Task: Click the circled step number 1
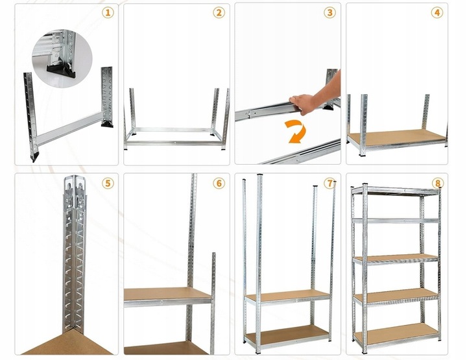click(108, 12)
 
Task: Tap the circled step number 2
click(219, 12)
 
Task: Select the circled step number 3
click(330, 12)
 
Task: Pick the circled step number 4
click(438, 12)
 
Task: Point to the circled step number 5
click(108, 184)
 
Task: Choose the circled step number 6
click(219, 184)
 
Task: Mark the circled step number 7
click(330, 184)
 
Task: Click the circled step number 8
click(438, 184)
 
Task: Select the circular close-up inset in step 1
click(62, 57)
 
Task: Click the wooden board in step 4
click(396, 137)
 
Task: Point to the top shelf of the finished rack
click(395, 189)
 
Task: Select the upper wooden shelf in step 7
click(286, 296)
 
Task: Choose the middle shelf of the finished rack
click(395, 258)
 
